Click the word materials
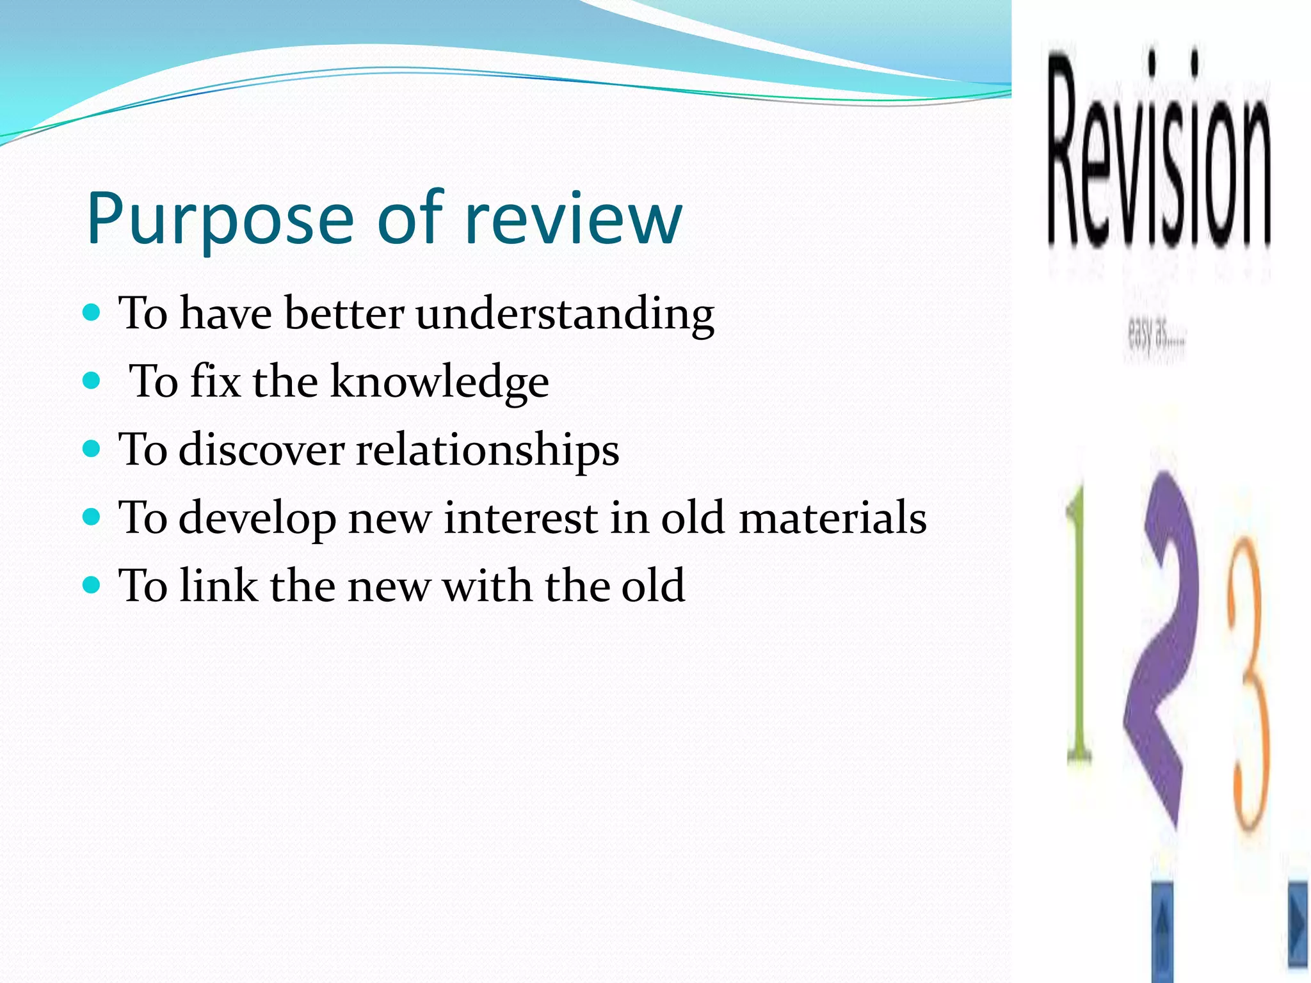click(832, 517)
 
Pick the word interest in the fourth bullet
click(520, 517)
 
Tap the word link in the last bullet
click(218, 585)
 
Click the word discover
click(262, 449)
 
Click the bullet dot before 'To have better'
click(92, 313)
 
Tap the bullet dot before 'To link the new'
click(92, 585)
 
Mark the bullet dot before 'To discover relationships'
click(92, 449)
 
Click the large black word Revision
click(1159, 154)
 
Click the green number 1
click(1079, 627)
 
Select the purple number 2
click(1162, 646)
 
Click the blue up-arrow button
click(1163, 931)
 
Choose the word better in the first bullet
click(344, 314)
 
